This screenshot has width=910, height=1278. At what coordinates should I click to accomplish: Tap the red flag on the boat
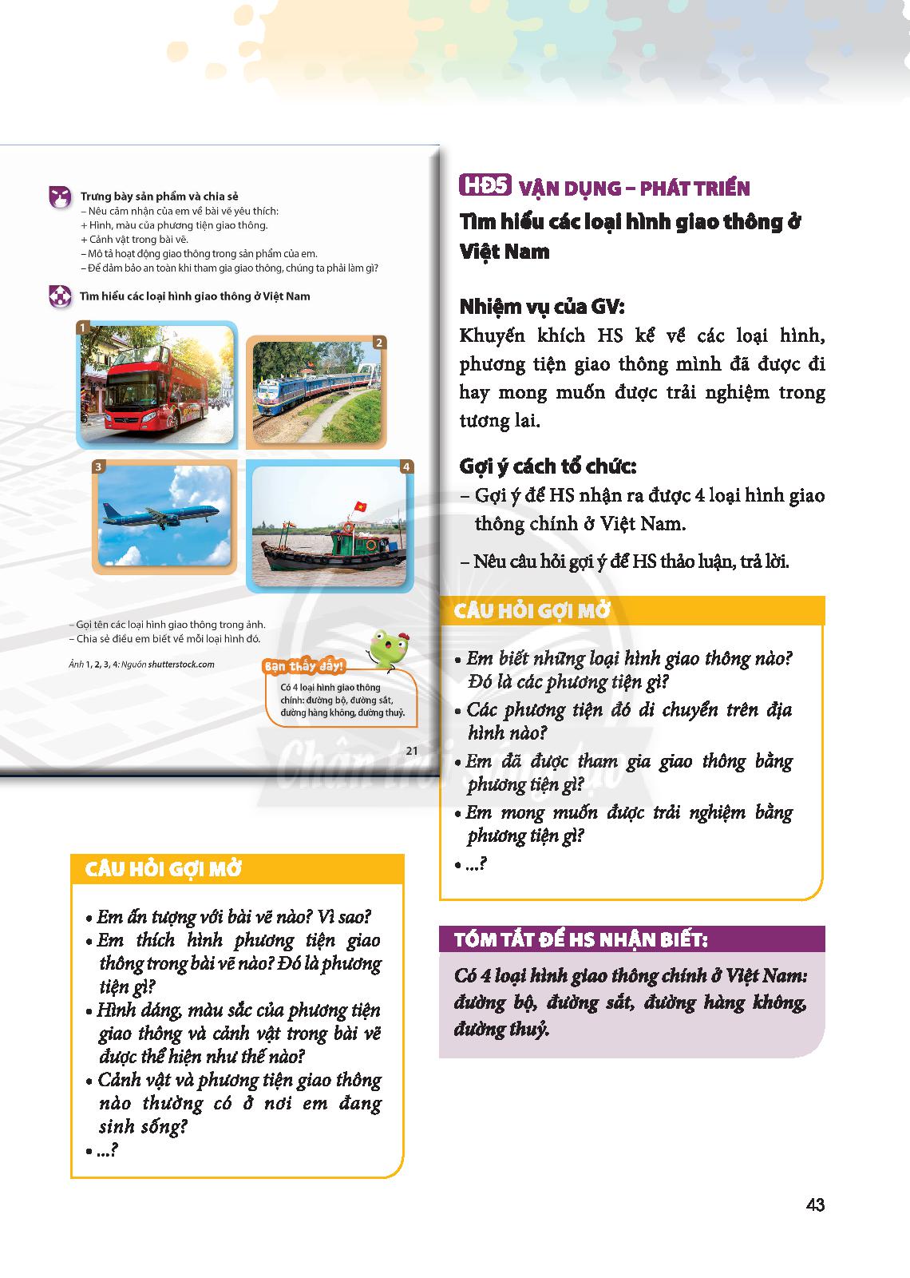click(x=360, y=507)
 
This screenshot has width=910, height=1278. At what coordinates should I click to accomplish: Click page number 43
click(x=814, y=1205)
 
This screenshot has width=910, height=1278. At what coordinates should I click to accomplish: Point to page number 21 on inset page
click(x=412, y=750)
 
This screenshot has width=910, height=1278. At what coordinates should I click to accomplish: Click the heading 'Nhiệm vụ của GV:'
click(x=542, y=307)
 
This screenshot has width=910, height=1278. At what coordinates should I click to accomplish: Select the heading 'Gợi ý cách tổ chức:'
click(x=548, y=466)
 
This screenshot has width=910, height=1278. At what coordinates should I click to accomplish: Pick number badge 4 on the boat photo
click(x=406, y=466)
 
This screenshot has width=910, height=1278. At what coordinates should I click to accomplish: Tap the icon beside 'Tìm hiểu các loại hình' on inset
click(x=60, y=296)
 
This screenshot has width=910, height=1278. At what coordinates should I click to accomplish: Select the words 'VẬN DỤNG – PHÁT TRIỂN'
click(x=635, y=189)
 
